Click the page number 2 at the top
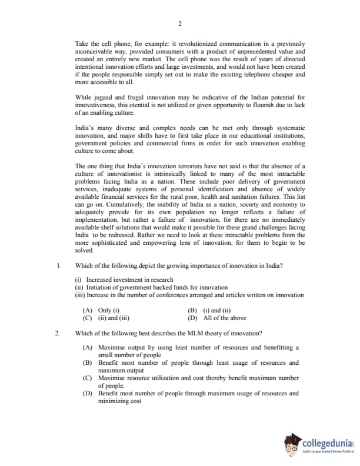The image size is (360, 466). point(179,24)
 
